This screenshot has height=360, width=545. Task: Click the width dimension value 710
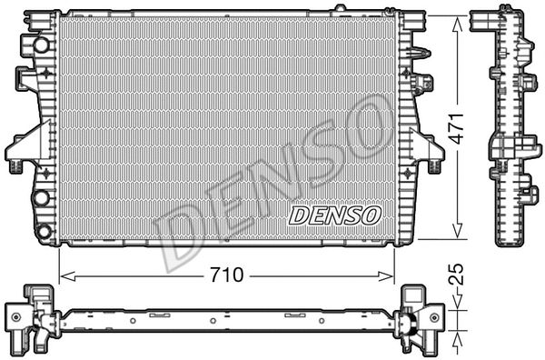[x=227, y=275]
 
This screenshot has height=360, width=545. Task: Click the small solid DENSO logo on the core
[x=334, y=215]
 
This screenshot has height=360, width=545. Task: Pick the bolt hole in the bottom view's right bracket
[x=435, y=317]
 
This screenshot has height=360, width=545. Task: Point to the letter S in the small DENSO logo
[x=351, y=215]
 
